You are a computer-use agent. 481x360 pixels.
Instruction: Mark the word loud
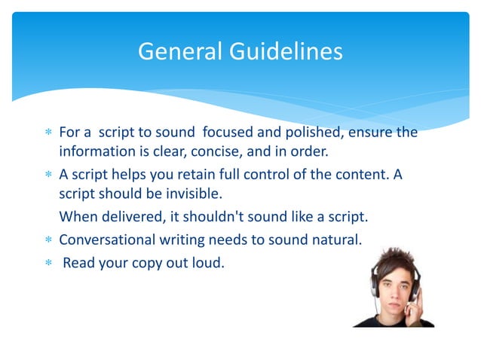pos(210,264)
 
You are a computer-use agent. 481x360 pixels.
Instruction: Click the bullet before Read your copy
pos(48,264)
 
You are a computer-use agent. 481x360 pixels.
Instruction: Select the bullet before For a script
pos(48,133)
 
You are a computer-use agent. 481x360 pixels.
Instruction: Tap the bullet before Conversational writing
pos(48,242)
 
